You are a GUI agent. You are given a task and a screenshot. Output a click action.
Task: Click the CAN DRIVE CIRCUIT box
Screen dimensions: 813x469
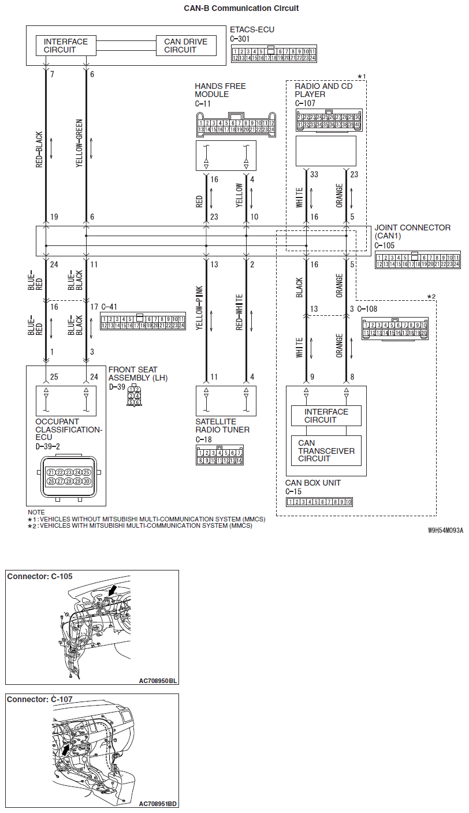pyautogui.click(x=186, y=46)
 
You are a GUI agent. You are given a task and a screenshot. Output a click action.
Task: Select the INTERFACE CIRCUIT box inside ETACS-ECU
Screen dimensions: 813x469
pyautogui.click(x=66, y=46)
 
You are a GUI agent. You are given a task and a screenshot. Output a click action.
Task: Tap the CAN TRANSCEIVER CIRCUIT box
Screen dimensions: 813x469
pyautogui.click(x=326, y=451)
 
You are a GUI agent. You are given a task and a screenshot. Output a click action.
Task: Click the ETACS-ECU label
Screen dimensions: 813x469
pyautogui.click(x=252, y=29)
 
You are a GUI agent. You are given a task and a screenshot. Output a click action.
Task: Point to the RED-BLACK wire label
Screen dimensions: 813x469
pyautogui.click(x=39, y=149)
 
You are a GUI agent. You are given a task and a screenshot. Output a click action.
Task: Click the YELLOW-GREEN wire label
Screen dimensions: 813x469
pyautogui.click(x=80, y=149)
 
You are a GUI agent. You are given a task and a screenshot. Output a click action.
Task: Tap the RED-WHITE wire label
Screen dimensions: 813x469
pyautogui.click(x=239, y=312)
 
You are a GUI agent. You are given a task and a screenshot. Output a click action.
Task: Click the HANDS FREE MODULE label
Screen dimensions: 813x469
pyautogui.click(x=220, y=90)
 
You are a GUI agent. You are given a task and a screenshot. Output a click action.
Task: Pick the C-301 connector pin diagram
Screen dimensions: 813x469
pyautogui.click(x=273, y=54)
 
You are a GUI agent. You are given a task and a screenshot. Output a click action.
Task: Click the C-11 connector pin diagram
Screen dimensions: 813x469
pyautogui.click(x=235, y=125)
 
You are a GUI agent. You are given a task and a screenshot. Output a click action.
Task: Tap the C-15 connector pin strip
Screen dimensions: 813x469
pyautogui.click(x=319, y=502)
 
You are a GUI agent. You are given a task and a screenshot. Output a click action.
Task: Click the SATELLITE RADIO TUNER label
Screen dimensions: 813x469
pyautogui.click(x=222, y=426)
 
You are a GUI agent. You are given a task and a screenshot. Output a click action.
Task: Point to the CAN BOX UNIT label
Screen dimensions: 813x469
pyautogui.click(x=313, y=483)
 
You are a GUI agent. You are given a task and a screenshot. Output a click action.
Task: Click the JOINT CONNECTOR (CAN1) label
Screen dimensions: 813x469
pyautogui.click(x=412, y=232)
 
